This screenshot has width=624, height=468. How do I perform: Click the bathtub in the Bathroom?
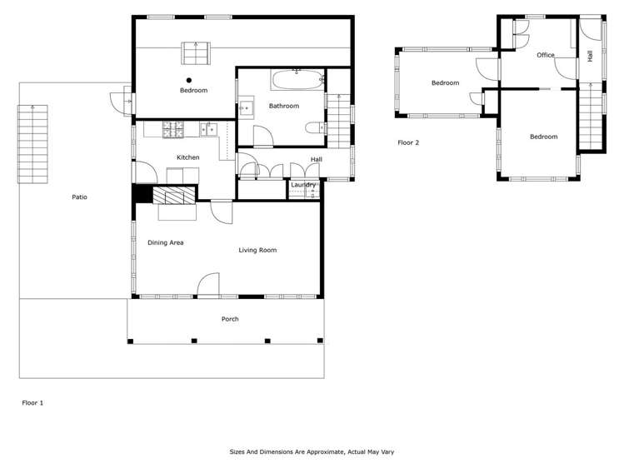[x=297, y=82]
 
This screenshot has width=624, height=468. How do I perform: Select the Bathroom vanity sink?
[x=247, y=108]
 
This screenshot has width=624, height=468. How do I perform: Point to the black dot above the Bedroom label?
[x=189, y=81]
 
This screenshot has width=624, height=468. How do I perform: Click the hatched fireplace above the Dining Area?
[x=176, y=197]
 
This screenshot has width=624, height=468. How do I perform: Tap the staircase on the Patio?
[x=32, y=144]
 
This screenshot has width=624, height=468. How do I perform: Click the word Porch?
[x=230, y=319]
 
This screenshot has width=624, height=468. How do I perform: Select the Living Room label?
[x=257, y=250]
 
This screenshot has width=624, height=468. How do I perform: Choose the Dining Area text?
[x=166, y=242]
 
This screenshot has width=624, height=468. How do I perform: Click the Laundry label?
[x=303, y=184]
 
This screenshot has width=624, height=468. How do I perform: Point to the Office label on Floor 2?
[x=546, y=55]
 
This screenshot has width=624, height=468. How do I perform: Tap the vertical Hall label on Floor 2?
[x=590, y=56]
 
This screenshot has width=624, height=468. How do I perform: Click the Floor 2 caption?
[x=408, y=142]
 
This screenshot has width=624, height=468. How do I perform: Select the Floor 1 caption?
[x=32, y=402]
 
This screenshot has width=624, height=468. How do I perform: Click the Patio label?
[x=79, y=197]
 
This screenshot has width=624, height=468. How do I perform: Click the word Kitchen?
[x=187, y=157]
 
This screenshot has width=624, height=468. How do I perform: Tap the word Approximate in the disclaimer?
[x=321, y=451]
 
